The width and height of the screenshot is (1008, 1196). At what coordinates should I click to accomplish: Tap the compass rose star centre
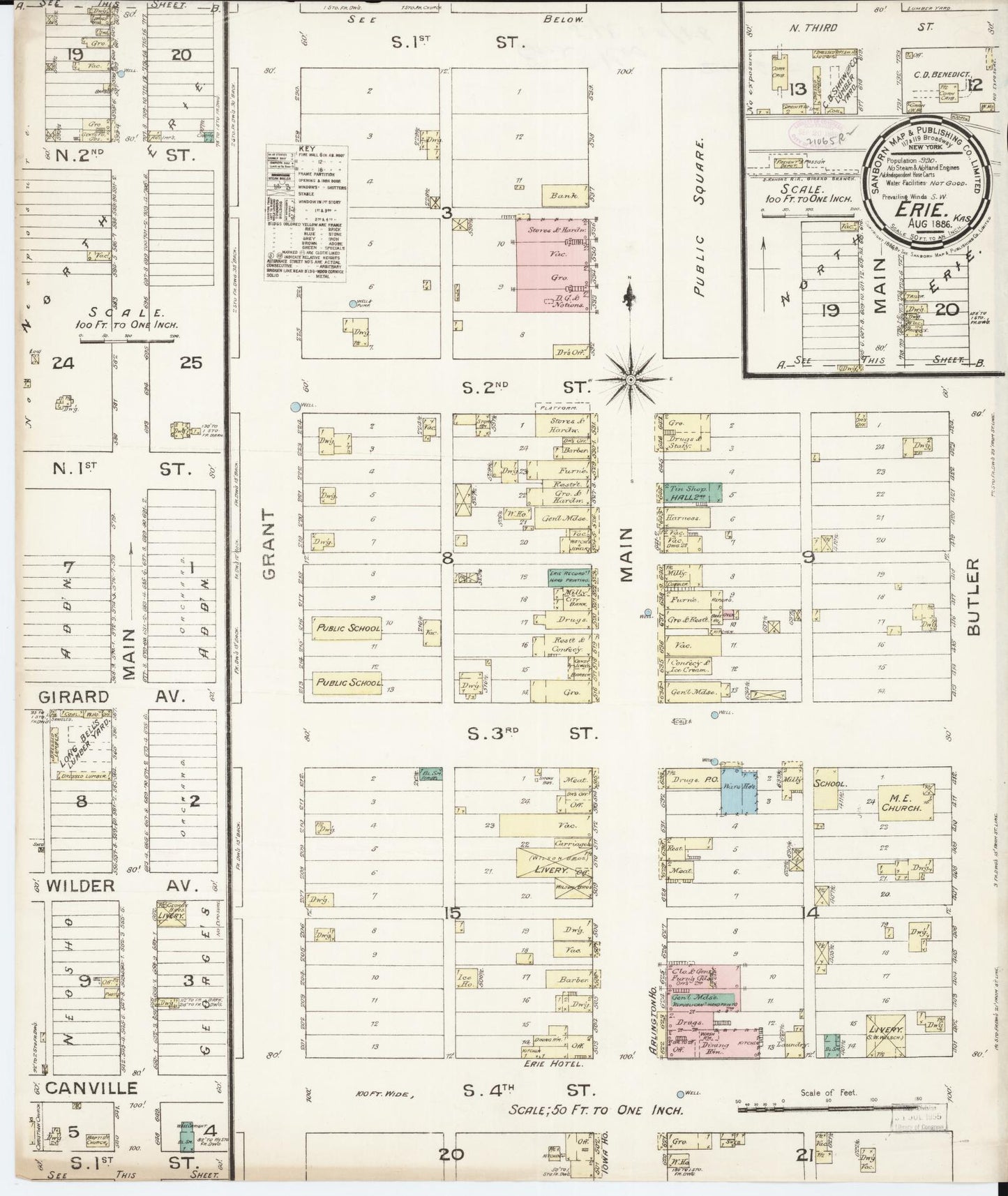pos(631,380)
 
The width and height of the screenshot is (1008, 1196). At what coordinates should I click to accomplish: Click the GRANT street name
pos(269,544)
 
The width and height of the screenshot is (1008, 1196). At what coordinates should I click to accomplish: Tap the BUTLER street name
pos(973,597)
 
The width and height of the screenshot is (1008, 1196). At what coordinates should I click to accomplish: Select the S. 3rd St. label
pos(532,733)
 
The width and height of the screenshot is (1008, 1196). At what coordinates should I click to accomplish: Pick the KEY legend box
pos(306,213)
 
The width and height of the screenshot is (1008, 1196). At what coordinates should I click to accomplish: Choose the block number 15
pos(453,913)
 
